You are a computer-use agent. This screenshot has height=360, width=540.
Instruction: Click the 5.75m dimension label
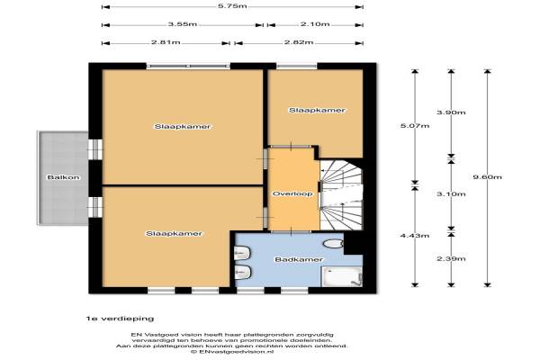(232, 6)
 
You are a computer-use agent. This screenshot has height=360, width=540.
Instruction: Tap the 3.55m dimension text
(183, 24)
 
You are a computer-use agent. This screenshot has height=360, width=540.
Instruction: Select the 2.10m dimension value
(315, 24)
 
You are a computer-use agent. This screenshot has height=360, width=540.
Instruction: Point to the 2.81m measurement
(166, 42)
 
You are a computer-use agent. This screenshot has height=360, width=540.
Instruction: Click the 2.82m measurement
(299, 42)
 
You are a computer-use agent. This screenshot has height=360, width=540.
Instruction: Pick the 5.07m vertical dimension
(415, 126)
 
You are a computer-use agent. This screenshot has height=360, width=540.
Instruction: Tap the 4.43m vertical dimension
(415, 236)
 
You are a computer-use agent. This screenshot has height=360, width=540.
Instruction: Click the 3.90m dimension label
(451, 112)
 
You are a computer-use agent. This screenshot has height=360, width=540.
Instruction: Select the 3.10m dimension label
(451, 194)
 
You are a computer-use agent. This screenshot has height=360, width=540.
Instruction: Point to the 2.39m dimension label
(451, 258)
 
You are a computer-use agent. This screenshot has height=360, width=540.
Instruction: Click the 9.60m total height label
(487, 177)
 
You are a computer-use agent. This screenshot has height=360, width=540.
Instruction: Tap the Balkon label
(63, 177)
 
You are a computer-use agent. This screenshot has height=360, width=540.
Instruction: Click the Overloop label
(292, 194)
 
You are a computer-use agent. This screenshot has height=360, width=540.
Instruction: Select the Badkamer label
(299, 259)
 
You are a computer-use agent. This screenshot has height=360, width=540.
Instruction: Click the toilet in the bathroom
(334, 244)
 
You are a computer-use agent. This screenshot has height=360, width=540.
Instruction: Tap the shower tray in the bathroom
(342, 276)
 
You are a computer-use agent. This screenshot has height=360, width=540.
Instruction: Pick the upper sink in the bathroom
(243, 253)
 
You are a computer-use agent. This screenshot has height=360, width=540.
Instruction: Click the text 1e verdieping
(120, 319)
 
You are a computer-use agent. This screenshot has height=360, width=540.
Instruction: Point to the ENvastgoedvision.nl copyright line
(232, 352)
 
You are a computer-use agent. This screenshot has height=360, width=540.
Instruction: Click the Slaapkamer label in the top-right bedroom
(317, 110)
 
